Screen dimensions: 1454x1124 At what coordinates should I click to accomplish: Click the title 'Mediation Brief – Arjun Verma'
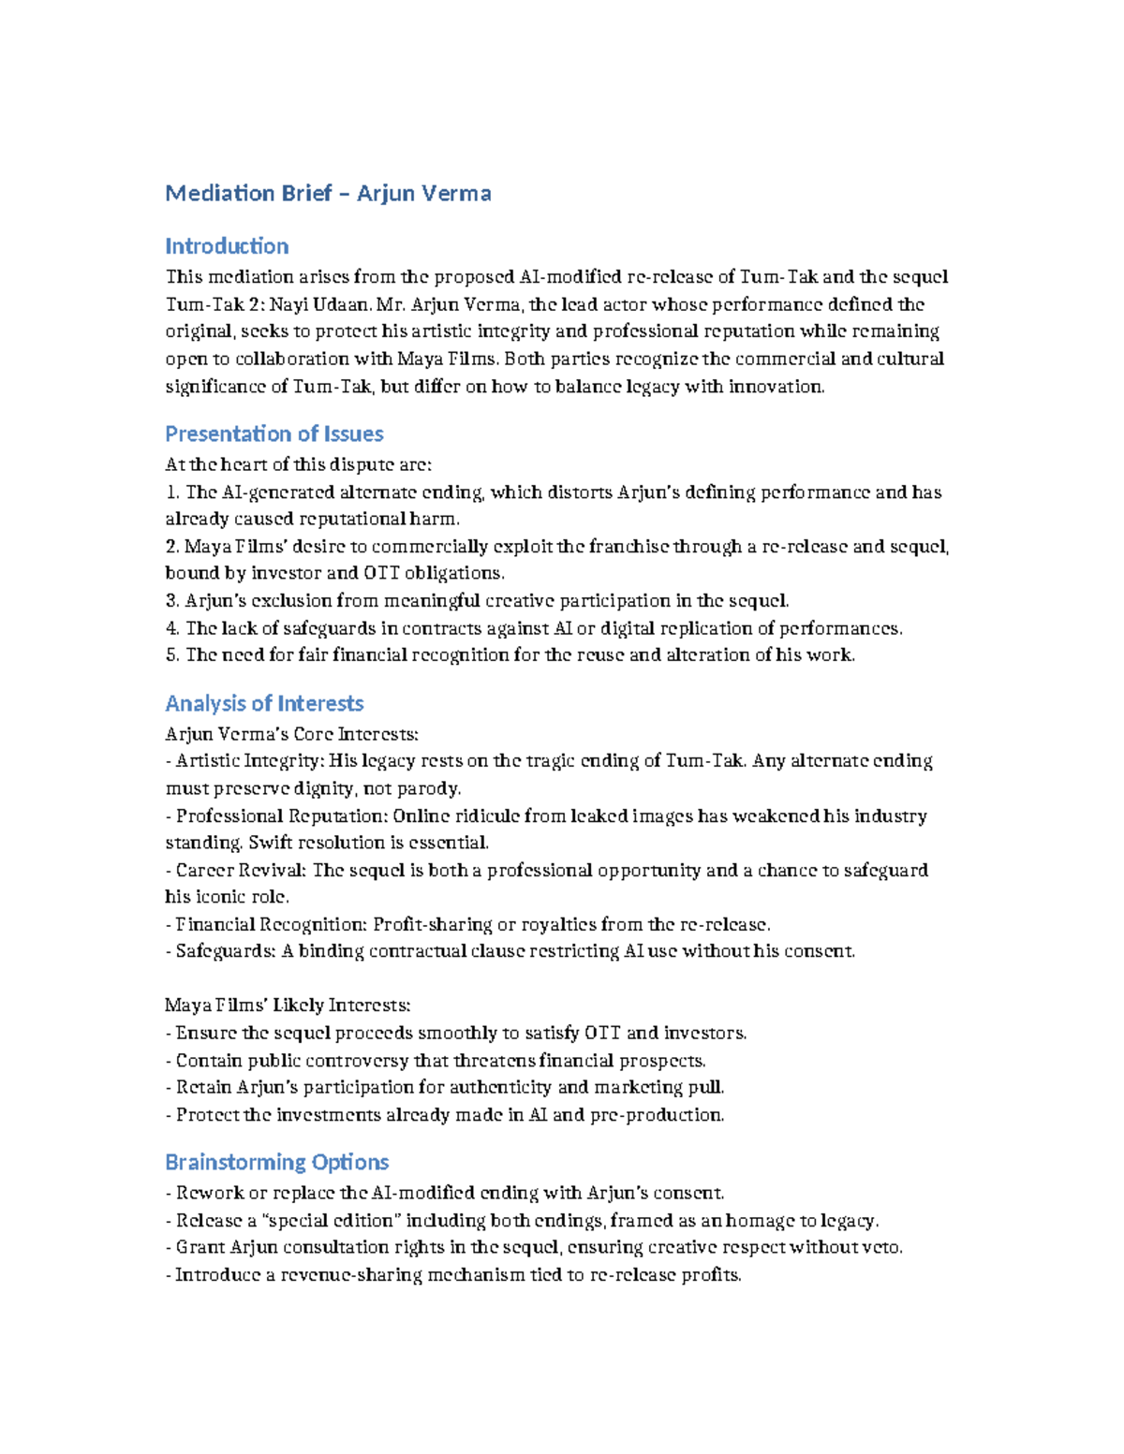pyautogui.click(x=328, y=194)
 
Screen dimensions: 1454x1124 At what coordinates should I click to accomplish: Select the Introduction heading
pyautogui.click(x=227, y=246)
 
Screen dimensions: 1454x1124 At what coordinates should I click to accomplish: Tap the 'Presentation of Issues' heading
pyautogui.click(x=274, y=433)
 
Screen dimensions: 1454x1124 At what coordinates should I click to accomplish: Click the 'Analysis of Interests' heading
pyautogui.click(x=264, y=703)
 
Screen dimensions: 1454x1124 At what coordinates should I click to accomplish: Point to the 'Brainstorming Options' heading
pyautogui.click(x=276, y=1162)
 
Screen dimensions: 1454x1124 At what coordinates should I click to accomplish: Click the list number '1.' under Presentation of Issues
pyautogui.click(x=172, y=492)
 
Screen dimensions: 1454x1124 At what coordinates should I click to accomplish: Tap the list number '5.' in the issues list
pyautogui.click(x=172, y=655)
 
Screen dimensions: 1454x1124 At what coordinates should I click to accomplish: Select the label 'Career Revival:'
pyautogui.click(x=241, y=871)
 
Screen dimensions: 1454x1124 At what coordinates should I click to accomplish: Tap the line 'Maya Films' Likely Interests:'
pyautogui.click(x=288, y=1006)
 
